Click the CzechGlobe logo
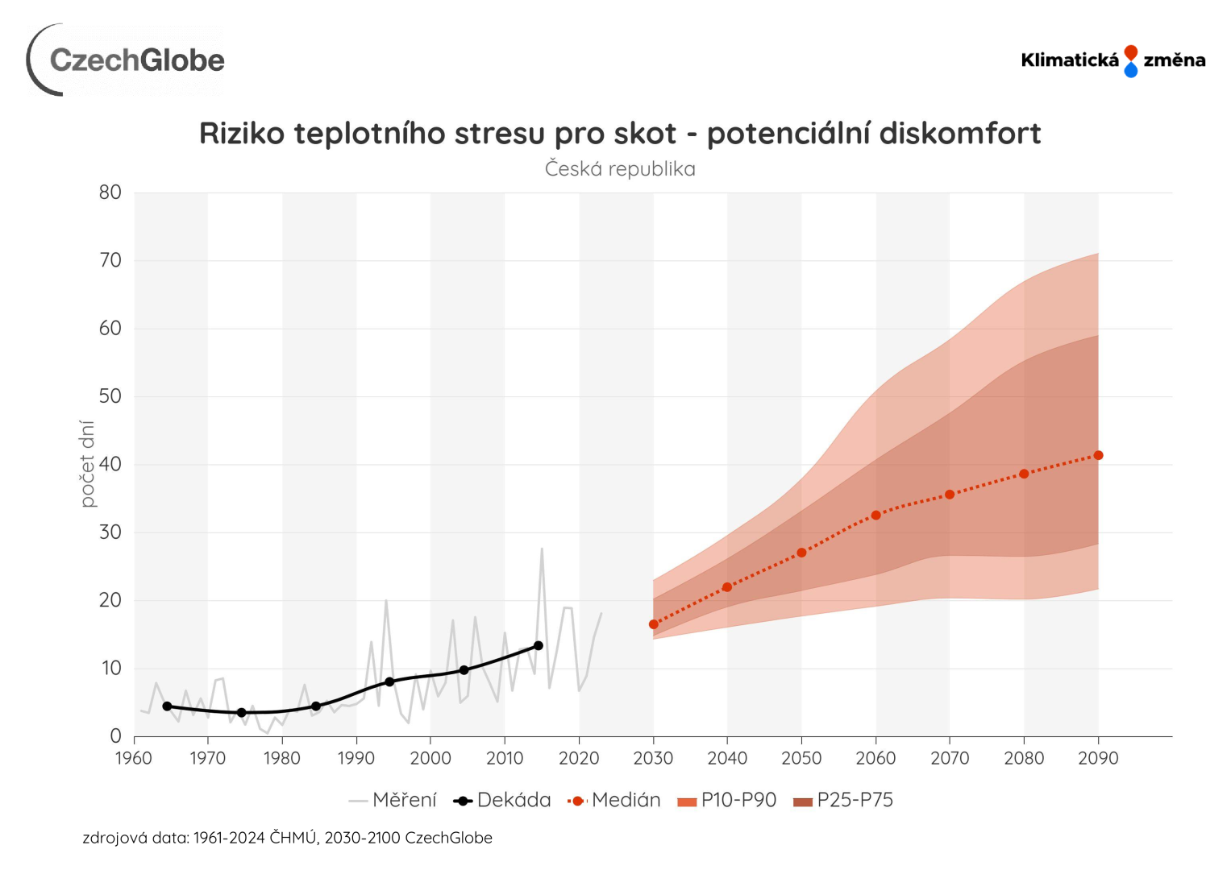127,60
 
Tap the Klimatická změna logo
1112,60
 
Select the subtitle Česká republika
619,169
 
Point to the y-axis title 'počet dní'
88,464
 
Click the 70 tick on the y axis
110,260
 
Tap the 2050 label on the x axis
801,758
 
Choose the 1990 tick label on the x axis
356,758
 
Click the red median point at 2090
1098,456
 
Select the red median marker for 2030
654,624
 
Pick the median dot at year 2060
876,516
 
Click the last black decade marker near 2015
539,645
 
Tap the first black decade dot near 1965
167,706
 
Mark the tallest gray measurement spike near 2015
542,549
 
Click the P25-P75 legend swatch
803,801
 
